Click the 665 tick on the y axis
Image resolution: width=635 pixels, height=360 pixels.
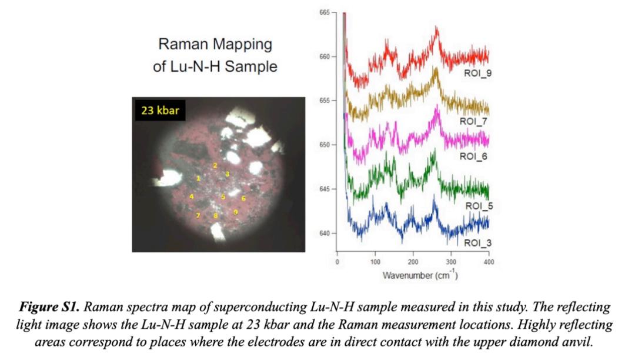[x=326, y=12]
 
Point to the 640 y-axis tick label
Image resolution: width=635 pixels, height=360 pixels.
[x=326, y=234]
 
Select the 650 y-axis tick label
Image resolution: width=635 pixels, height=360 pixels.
[x=326, y=145]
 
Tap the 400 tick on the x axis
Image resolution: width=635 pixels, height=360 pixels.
[x=489, y=262]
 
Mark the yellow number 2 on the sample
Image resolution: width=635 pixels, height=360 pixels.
[x=215, y=165]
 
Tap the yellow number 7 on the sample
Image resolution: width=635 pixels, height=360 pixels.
[x=198, y=215]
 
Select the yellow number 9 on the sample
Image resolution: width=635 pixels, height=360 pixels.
[x=235, y=212]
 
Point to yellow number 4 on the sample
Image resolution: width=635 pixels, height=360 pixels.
[x=192, y=196]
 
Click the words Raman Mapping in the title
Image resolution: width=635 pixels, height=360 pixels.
[x=215, y=44]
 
